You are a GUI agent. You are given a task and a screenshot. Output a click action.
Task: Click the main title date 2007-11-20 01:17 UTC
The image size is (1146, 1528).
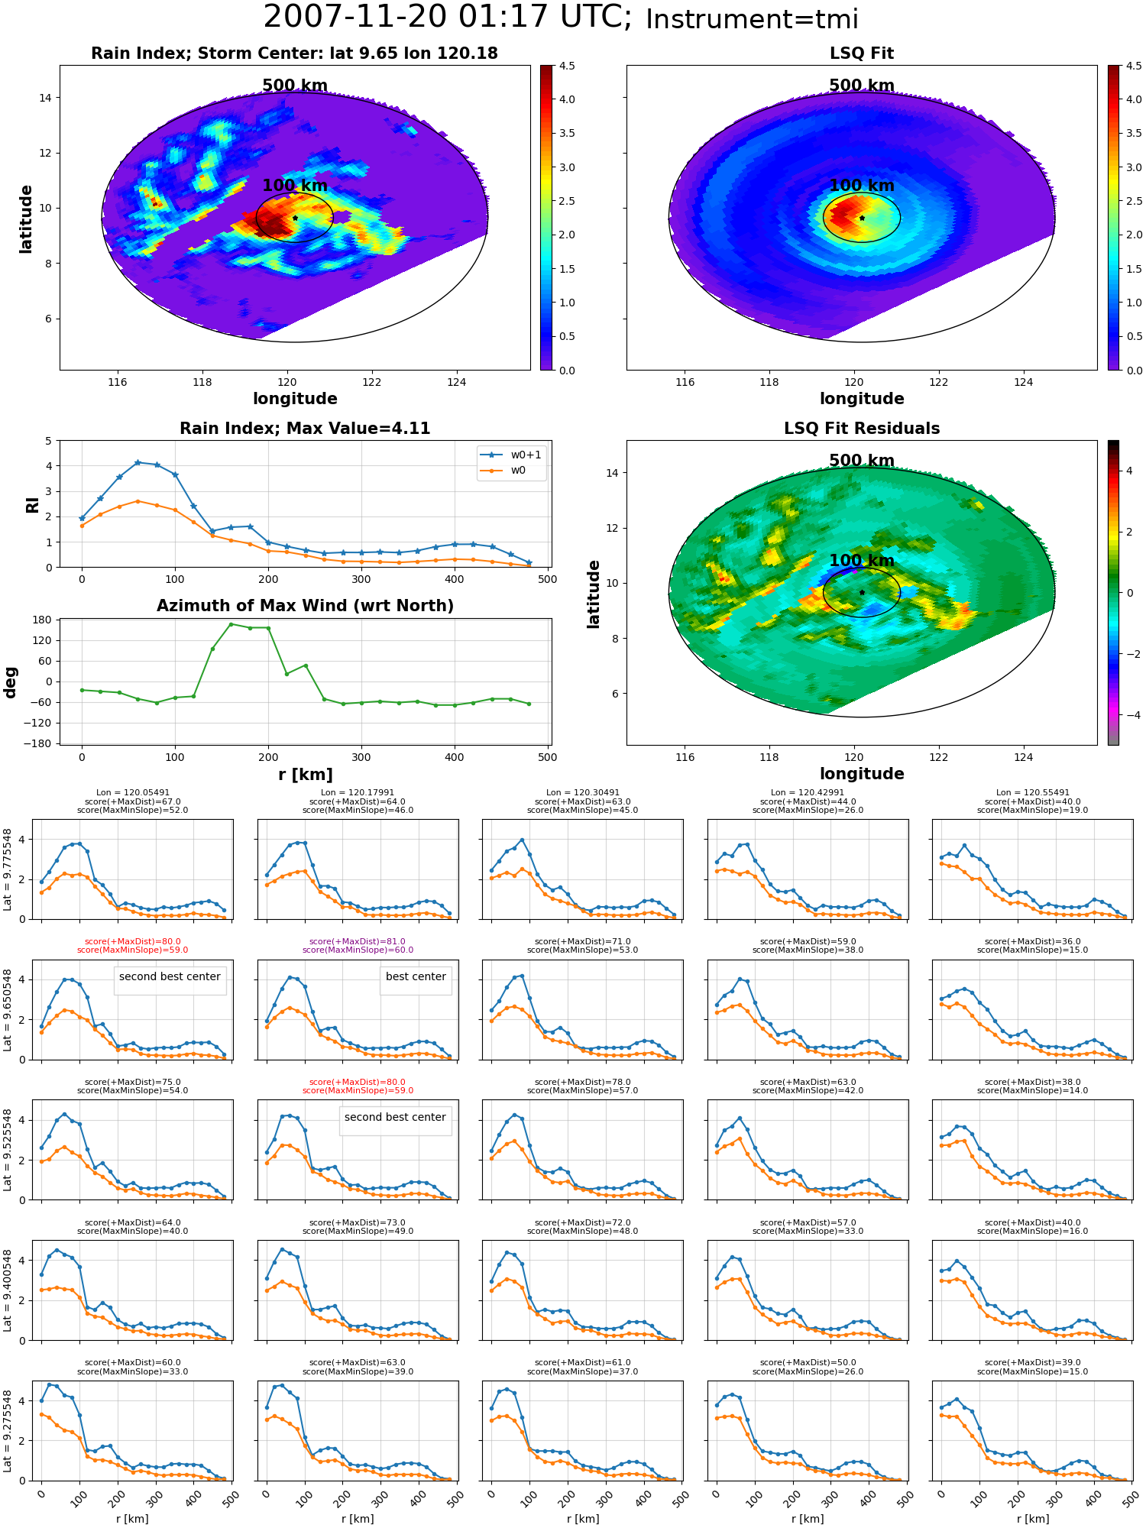[x=448, y=18]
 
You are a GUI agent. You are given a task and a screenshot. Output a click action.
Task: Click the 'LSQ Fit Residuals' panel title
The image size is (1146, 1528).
[x=862, y=429]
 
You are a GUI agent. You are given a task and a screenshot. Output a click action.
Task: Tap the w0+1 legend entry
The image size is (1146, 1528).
[x=511, y=455]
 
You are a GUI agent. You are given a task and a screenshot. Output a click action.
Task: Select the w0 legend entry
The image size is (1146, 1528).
[x=503, y=470]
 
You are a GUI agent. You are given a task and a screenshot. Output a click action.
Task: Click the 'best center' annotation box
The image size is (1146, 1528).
[x=416, y=976]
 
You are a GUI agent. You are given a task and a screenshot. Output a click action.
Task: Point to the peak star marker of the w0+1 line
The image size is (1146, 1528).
[x=138, y=462]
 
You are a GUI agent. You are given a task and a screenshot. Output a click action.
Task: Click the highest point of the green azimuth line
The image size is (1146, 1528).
[x=231, y=624]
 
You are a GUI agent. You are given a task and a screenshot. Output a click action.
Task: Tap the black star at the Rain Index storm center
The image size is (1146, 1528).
[x=295, y=218]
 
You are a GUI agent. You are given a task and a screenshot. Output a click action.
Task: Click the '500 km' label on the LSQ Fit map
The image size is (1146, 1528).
[x=862, y=86]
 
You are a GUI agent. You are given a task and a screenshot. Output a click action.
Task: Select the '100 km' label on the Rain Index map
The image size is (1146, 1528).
[x=295, y=186]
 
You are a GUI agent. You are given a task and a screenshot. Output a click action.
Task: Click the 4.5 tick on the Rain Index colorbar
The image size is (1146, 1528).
[x=567, y=66]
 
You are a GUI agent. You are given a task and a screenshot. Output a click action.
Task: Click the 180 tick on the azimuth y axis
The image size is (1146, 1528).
[x=43, y=620]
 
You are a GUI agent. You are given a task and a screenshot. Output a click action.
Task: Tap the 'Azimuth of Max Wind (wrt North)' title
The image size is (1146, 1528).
[x=306, y=606]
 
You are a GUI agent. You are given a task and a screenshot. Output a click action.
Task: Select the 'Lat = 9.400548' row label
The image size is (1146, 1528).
[x=8, y=1290]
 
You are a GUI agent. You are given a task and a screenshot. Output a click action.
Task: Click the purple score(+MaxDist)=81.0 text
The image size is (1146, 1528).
[x=358, y=942]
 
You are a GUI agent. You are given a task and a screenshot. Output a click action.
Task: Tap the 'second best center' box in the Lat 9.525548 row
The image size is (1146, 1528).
[x=395, y=1117]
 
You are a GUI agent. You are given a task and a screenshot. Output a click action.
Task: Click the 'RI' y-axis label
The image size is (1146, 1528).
[x=33, y=505]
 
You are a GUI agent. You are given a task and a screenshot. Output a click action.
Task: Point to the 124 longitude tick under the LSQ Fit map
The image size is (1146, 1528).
[x=1023, y=382]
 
